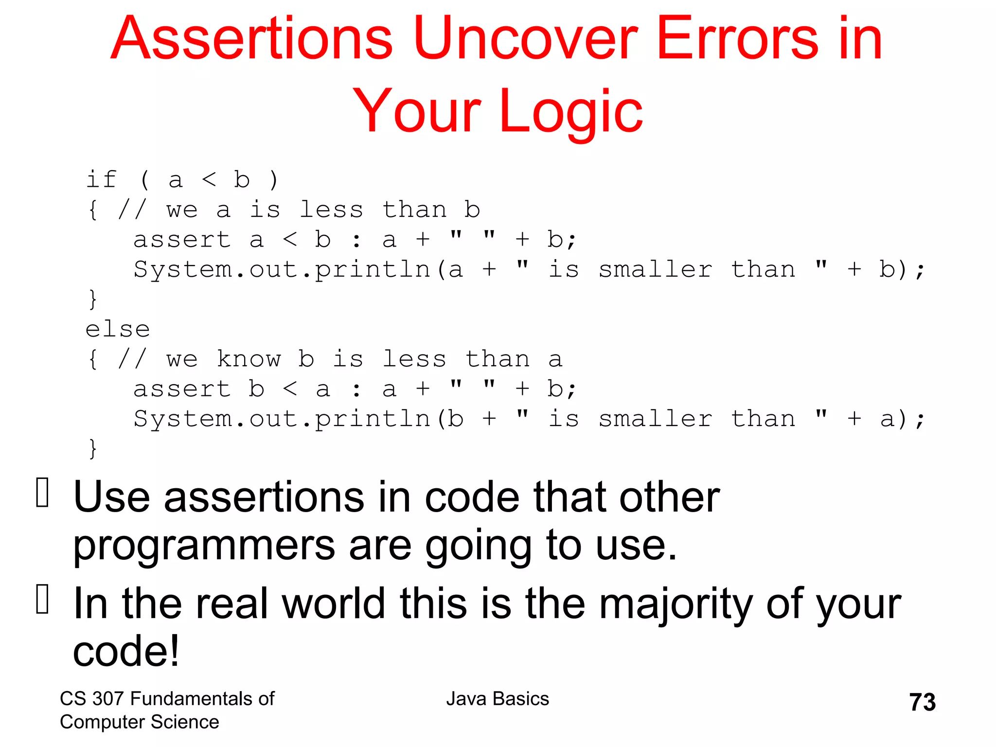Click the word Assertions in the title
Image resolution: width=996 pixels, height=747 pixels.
pos(251,39)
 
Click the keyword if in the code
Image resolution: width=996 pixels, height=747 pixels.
pos(101,179)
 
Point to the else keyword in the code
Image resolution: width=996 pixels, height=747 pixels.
pos(118,329)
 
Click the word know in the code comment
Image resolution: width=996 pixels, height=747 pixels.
pos(249,359)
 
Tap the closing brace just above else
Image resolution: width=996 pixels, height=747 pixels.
pos(93,299)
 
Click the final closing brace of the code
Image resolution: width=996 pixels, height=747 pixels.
pos(93,448)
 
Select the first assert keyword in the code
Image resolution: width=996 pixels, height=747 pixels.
pos(182,240)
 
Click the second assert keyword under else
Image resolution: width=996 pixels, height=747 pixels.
pos(182,389)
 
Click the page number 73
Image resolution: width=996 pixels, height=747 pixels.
pos(922,702)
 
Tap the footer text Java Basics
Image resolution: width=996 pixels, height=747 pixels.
pos(498,699)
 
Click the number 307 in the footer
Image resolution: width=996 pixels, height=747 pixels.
pos(108,699)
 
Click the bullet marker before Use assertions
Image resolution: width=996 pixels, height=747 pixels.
pos(43,493)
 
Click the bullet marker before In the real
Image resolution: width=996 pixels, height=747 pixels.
pos(43,599)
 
